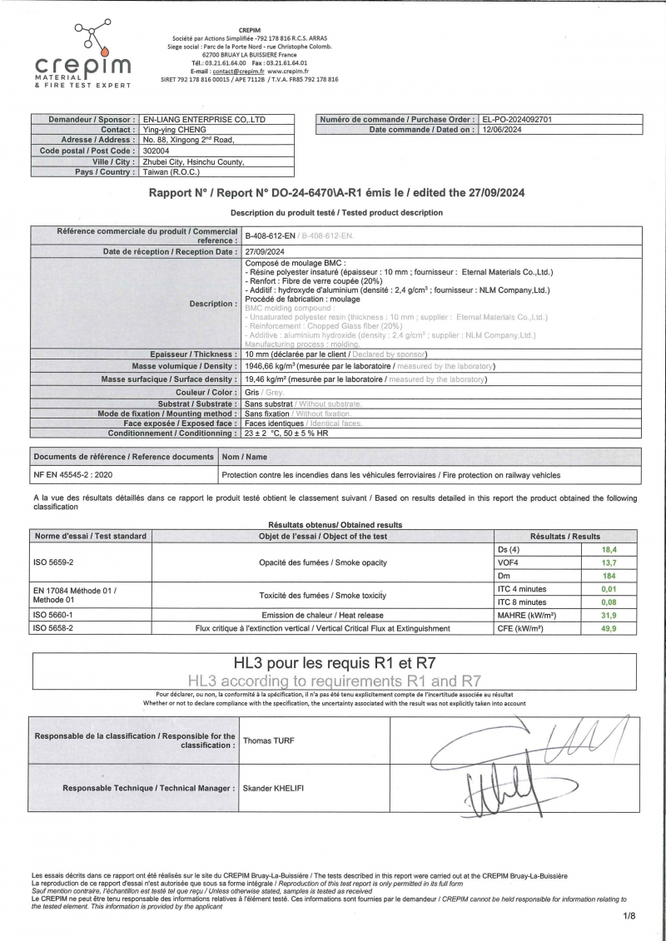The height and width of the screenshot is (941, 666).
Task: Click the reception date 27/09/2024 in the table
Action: [266, 251]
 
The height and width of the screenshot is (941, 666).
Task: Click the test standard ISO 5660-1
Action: [52, 616]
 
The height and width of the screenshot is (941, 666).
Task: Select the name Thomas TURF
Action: [268, 740]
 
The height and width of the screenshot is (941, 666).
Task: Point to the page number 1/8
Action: [628, 916]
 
